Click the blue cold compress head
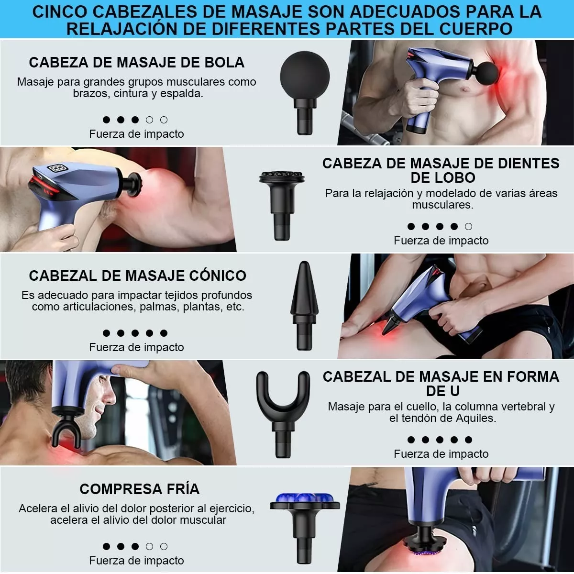[305, 500]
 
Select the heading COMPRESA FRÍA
[140, 489]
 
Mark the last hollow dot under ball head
[164, 120]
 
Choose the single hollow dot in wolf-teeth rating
[468, 227]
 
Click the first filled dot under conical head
[106, 333]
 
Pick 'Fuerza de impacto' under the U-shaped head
[441, 454]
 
